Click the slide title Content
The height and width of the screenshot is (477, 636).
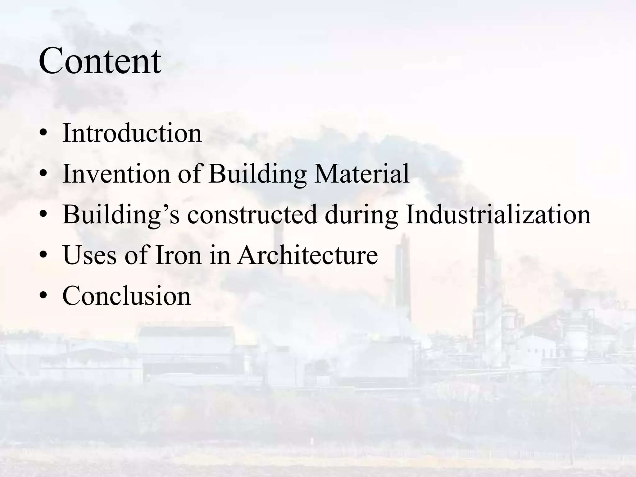click(x=100, y=61)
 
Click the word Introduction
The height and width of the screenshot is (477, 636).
click(x=132, y=133)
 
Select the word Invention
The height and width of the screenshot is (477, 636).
click(x=116, y=174)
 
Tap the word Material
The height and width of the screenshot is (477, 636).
click(x=361, y=174)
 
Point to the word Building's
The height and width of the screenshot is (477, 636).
click(x=121, y=215)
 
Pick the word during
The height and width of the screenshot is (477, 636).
click(x=361, y=215)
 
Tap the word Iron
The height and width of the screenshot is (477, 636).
click(x=178, y=255)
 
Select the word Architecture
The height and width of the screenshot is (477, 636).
click(x=307, y=255)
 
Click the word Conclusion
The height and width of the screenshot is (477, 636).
click(x=126, y=296)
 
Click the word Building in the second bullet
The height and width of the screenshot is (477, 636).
click(x=257, y=174)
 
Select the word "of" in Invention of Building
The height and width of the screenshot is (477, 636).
click(x=189, y=174)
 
